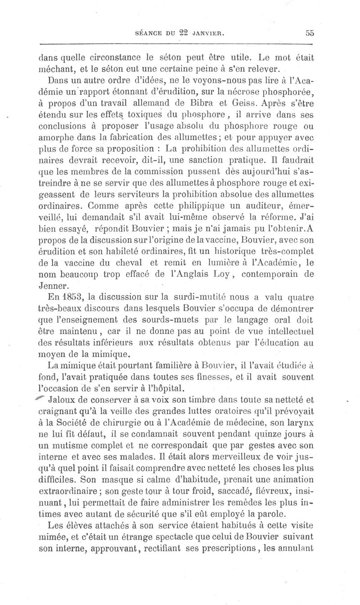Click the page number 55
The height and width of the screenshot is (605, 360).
[x=309, y=32]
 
